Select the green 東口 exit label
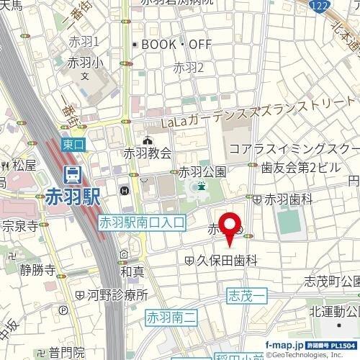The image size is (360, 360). point(73,145)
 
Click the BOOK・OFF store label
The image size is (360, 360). point(176,45)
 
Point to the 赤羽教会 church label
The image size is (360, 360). point(148,153)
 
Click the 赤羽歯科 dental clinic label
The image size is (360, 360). point(288,198)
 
